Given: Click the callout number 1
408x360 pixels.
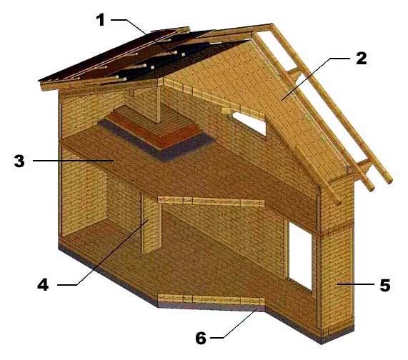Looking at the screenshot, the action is (101, 20).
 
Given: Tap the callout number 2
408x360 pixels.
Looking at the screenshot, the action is (362, 59).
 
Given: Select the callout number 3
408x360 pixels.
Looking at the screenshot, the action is (19, 161).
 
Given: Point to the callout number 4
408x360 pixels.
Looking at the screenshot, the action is (43, 284).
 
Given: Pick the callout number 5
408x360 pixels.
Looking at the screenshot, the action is (385, 285).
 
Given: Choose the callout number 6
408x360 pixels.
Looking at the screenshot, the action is (201, 338).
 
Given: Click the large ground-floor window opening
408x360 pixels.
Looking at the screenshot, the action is (300, 256).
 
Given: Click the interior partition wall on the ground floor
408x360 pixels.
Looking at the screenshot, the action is (151, 224).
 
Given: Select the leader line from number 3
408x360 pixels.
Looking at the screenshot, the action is (74, 161).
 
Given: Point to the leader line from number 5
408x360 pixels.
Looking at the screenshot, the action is (357, 284).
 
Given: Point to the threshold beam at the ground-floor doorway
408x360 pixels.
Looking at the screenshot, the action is (211, 299).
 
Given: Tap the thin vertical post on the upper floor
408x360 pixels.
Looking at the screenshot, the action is (158, 101).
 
